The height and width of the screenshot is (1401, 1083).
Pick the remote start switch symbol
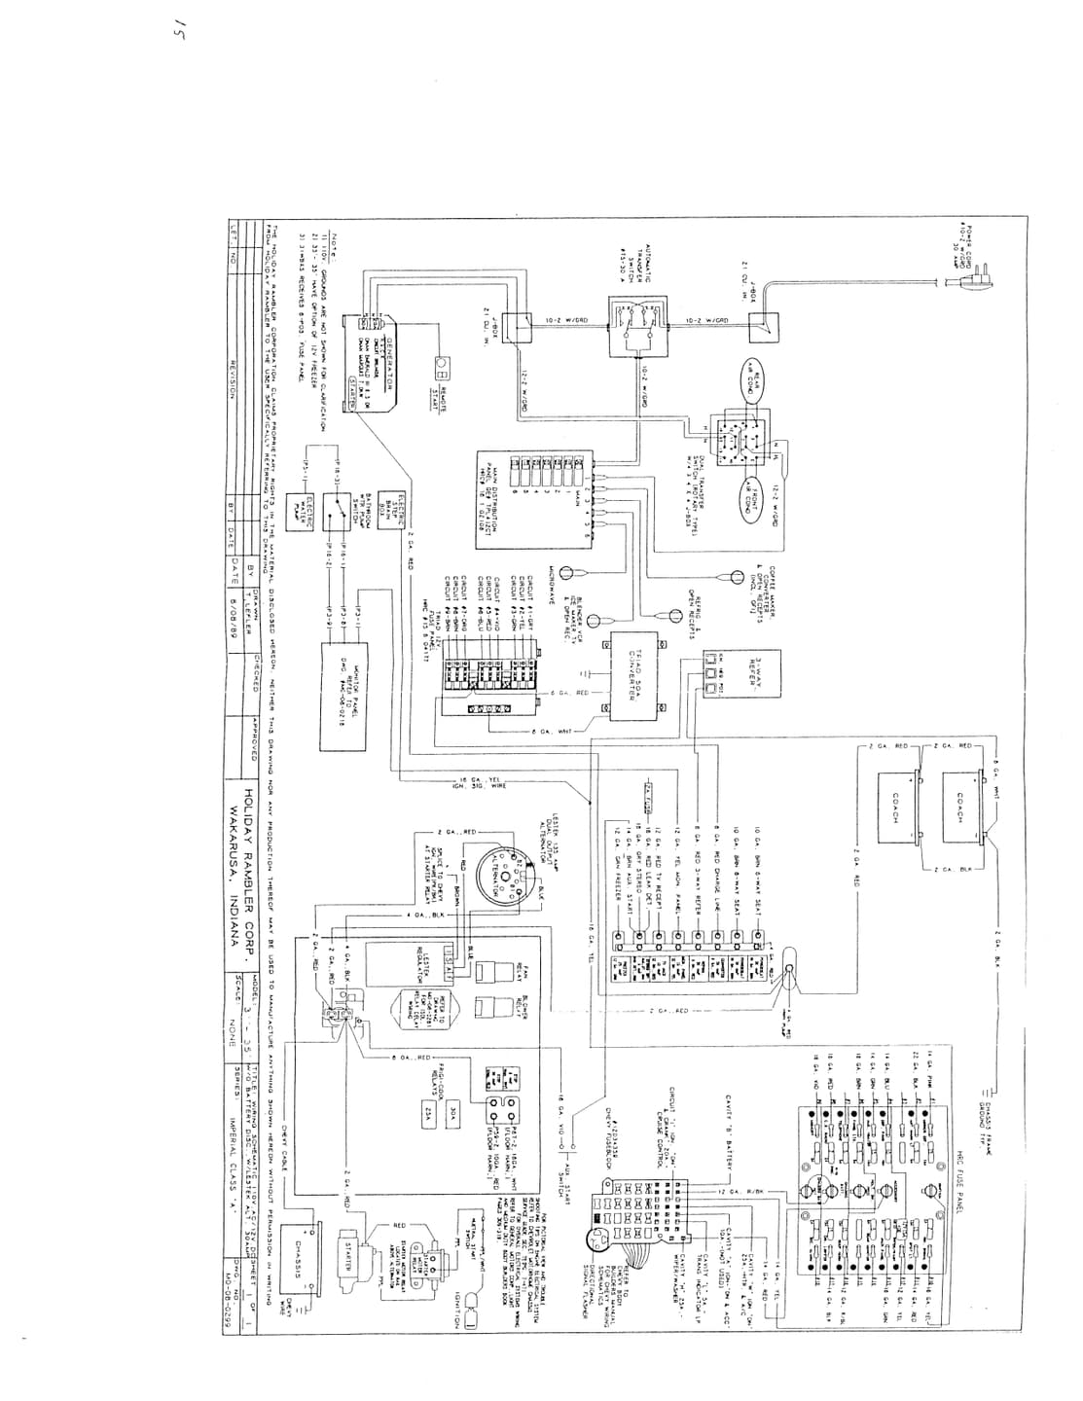[x=441, y=371]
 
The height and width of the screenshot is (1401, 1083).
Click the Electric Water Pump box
[x=309, y=505]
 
